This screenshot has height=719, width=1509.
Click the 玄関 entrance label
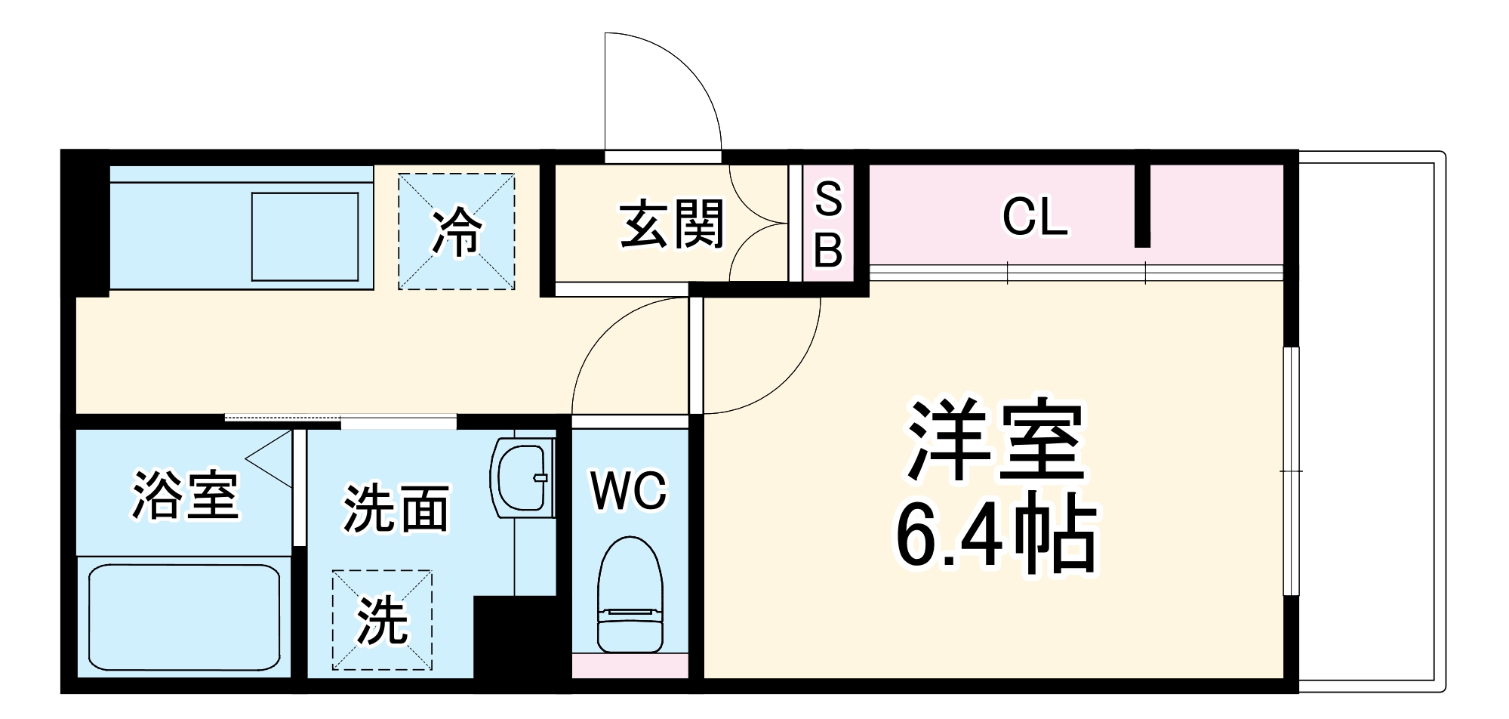pyautogui.click(x=671, y=224)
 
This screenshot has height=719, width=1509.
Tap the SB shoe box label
pyautogui.click(x=828, y=224)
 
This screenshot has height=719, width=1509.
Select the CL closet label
pyautogui.click(x=1034, y=217)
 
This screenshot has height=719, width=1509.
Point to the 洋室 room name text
pyautogui.click(x=996, y=441)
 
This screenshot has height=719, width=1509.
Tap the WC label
pyautogui.click(x=629, y=491)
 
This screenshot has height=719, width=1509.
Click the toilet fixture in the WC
pyautogui.click(x=630, y=597)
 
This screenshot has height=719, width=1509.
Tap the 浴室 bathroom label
pyautogui.click(x=186, y=495)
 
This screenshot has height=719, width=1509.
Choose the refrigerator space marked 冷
pyautogui.click(x=457, y=231)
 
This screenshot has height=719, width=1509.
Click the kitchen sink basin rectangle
pyautogui.click(x=305, y=236)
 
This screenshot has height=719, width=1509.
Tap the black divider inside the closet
pyautogui.click(x=1142, y=205)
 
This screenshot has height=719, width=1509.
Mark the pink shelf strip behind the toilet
pyautogui.click(x=630, y=665)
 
